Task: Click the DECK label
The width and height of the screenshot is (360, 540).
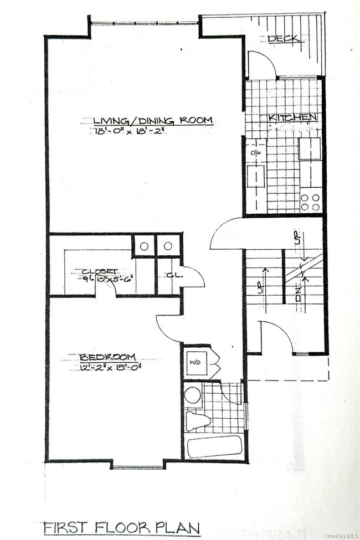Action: pyautogui.click(x=284, y=39)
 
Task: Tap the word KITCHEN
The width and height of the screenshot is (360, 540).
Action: pyautogui.click(x=292, y=117)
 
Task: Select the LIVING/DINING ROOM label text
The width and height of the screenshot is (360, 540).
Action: pyautogui.click(x=153, y=120)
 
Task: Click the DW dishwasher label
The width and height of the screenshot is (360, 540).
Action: pyautogui.click(x=256, y=153)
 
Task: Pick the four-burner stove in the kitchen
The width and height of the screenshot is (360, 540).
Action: pyautogui.click(x=311, y=202)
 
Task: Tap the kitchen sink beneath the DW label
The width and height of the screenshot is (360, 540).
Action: pyautogui.click(x=256, y=176)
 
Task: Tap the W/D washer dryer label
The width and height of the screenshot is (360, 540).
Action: pyautogui.click(x=196, y=363)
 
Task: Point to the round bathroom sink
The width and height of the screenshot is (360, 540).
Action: pyautogui.click(x=193, y=395)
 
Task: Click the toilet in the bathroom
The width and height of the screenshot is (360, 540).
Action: pyautogui.click(x=197, y=420)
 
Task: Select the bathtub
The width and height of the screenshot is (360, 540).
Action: pyautogui.click(x=214, y=447)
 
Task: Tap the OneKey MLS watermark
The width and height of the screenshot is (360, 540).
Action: pyautogui.click(x=342, y=536)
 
